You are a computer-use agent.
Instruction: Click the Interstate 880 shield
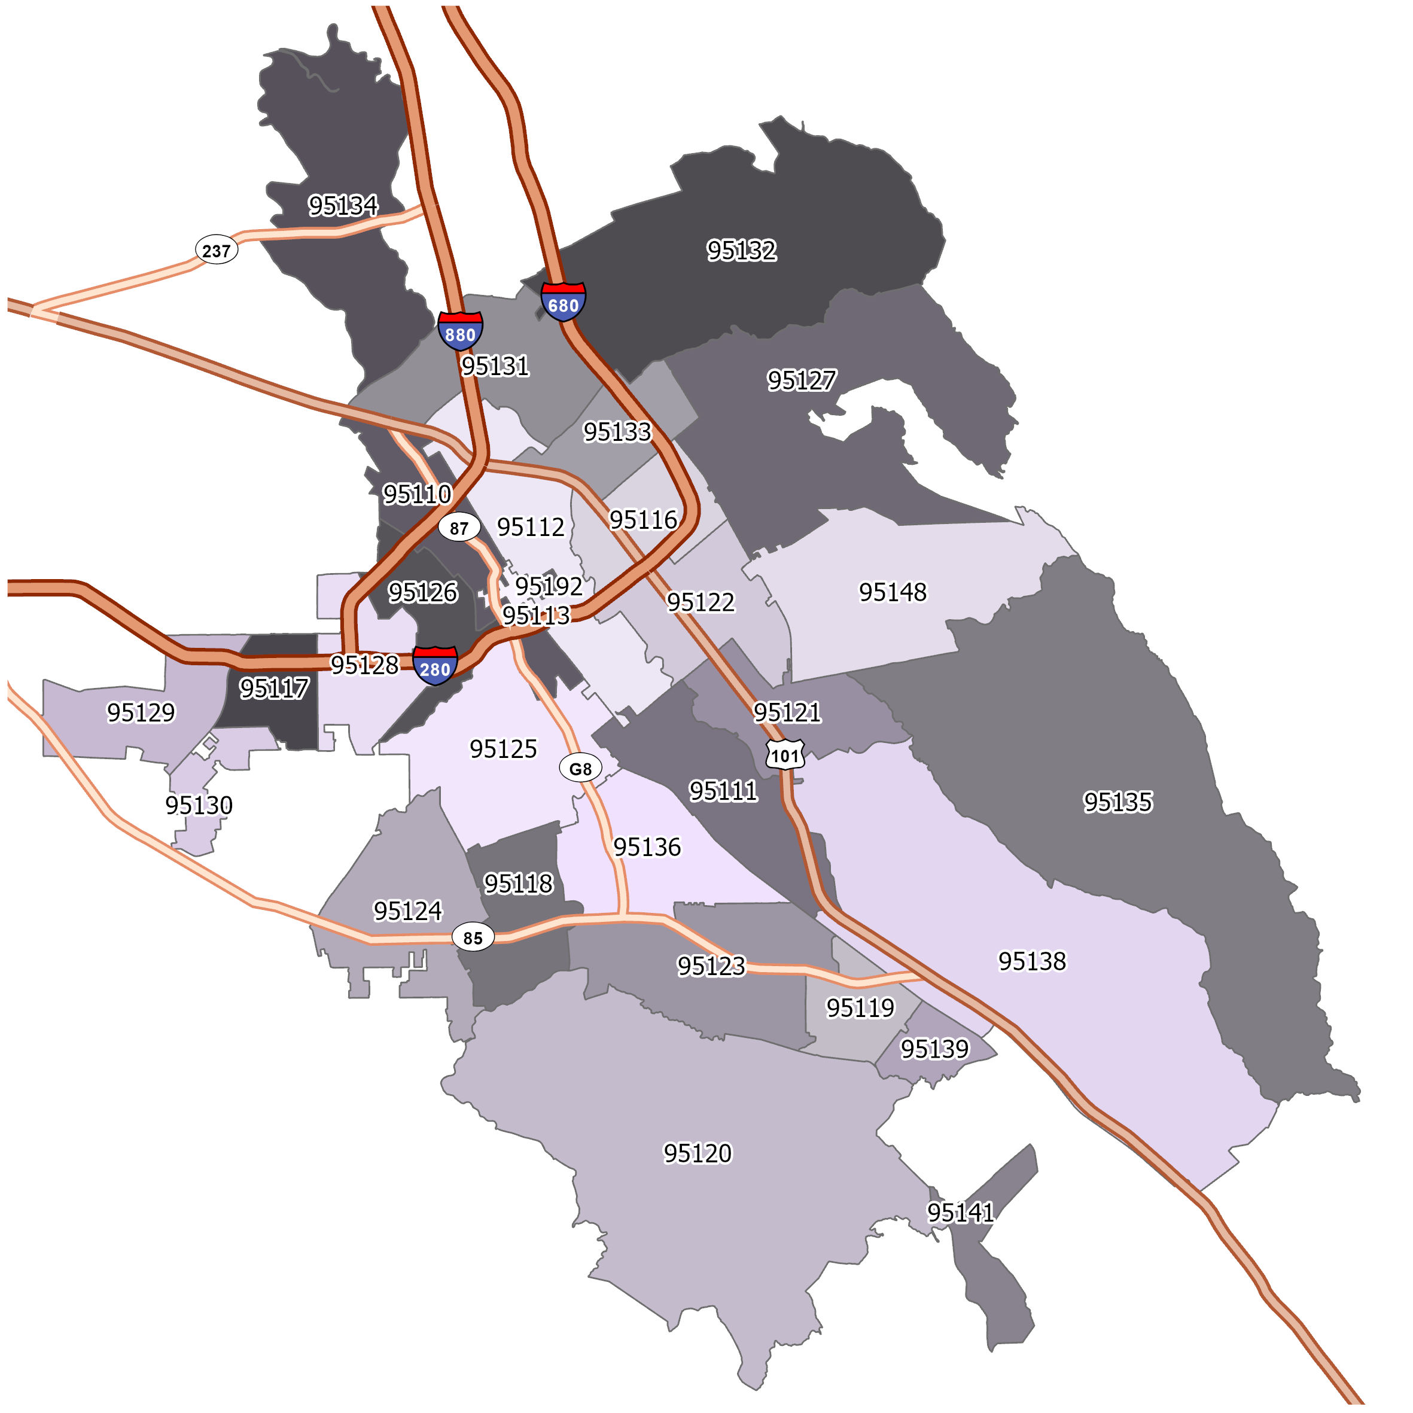point(460,331)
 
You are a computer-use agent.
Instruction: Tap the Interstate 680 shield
point(563,302)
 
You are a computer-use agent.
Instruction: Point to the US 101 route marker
point(785,755)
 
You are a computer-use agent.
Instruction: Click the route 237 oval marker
point(217,251)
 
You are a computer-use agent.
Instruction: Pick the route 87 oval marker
point(459,527)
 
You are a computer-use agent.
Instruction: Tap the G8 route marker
point(580,769)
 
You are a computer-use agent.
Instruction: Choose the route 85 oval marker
point(473,937)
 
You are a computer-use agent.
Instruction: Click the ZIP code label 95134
point(343,206)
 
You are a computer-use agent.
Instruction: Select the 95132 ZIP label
point(742,250)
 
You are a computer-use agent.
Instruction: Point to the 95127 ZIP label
point(802,380)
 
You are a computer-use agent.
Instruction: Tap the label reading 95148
point(893,592)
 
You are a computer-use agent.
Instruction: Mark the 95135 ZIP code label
point(1117,802)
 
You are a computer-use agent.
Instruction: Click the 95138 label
point(1032,961)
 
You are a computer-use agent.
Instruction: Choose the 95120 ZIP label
point(697,1153)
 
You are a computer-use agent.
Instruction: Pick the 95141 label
point(960,1213)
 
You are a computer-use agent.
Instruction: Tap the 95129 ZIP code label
point(141,712)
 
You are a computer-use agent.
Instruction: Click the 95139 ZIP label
point(934,1049)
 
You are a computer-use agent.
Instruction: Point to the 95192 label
point(549,586)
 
